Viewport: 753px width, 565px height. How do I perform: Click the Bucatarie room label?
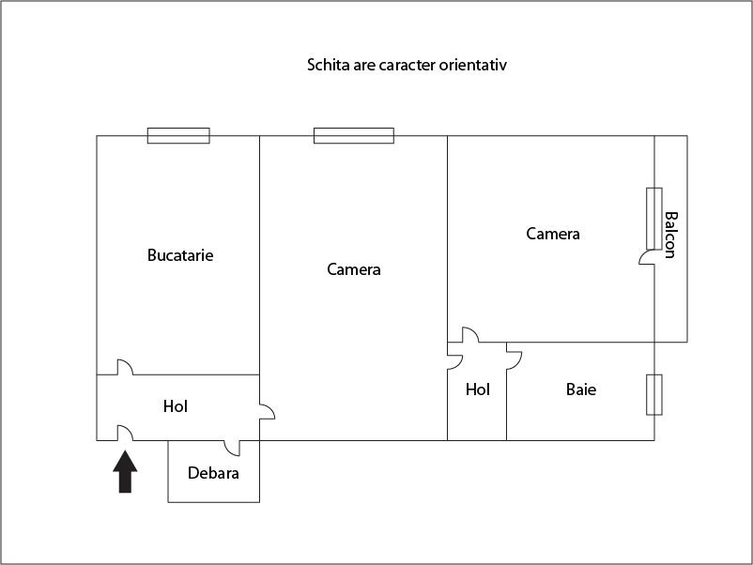[x=180, y=255]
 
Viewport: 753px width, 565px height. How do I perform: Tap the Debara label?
[x=213, y=473]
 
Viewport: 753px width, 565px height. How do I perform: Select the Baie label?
[x=581, y=389]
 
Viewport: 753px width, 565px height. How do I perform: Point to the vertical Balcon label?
[x=670, y=235]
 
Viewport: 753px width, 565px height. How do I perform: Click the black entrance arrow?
[x=125, y=471]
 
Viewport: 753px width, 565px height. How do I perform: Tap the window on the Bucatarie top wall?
[x=178, y=136]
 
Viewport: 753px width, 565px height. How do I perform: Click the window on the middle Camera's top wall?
[x=354, y=136]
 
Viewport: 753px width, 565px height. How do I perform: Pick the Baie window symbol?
[x=654, y=394]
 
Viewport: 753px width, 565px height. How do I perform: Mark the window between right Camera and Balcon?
[x=654, y=219]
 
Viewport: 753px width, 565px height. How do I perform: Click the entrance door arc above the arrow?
[x=125, y=433]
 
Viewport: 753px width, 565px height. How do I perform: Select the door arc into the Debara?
[x=232, y=449]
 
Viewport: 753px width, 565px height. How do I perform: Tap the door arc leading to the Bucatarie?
[x=125, y=367]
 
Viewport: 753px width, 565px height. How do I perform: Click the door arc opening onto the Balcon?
[x=646, y=257]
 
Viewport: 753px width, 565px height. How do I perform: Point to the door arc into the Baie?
[x=515, y=360]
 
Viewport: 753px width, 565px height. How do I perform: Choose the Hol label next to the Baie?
[x=478, y=389]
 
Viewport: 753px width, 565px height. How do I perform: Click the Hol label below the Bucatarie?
[x=176, y=406]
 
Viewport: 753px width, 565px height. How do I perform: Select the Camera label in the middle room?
[x=354, y=269]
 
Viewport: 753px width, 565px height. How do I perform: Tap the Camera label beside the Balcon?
[x=553, y=234]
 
